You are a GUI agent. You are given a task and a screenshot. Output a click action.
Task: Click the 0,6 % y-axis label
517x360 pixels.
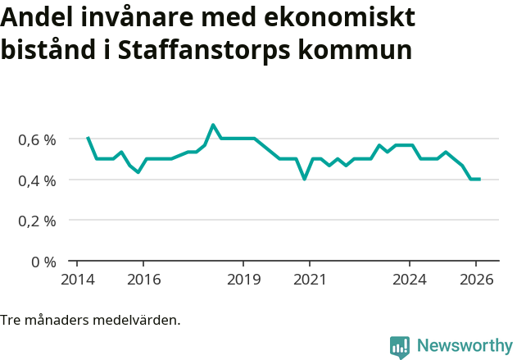37,139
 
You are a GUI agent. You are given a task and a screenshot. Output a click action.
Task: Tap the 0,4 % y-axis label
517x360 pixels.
37,180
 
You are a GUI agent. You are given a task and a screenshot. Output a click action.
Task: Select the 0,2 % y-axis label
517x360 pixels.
37,221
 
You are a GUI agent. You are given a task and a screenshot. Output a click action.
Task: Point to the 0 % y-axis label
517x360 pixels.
43,262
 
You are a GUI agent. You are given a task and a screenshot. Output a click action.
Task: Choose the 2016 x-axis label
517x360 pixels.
143,280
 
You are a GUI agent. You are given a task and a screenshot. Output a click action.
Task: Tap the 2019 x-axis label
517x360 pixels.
243,280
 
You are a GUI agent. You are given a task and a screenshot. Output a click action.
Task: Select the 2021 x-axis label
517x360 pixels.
310,280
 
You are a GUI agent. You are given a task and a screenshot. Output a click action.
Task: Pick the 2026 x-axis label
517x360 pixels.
476,280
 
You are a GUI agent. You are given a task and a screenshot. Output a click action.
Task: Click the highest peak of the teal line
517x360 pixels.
213,125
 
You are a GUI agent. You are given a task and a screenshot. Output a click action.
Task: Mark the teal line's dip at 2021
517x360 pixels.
305,179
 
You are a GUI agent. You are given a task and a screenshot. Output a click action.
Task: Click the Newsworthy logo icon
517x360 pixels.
400,347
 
